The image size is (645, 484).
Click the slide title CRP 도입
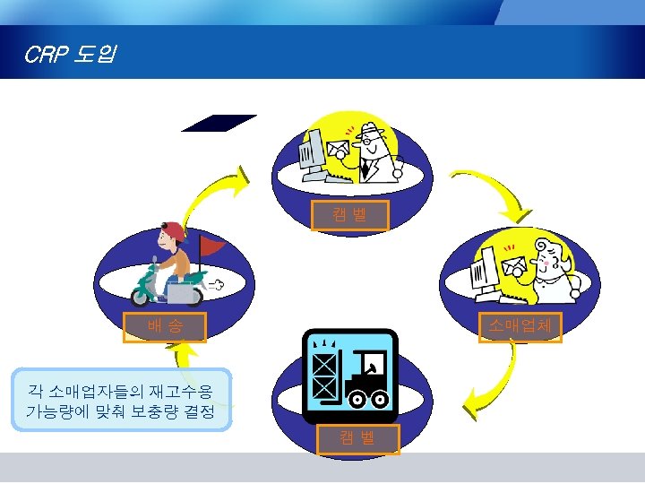click(x=68, y=56)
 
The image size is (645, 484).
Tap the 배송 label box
click(x=165, y=327)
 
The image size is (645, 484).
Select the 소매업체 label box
click(x=520, y=327)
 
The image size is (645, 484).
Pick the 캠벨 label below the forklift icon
click(x=357, y=438)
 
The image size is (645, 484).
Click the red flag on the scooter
click(x=213, y=244)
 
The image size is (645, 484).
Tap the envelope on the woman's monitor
click(x=514, y=266)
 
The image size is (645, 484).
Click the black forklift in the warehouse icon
click(x=366, y=385)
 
